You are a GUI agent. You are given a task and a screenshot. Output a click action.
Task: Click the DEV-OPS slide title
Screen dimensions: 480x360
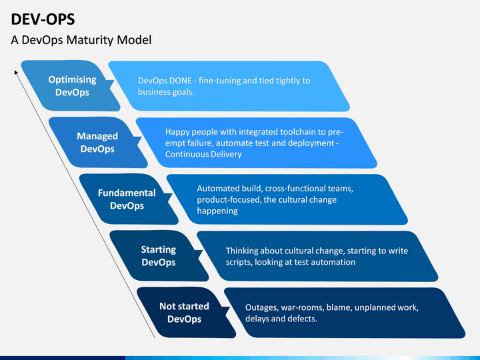(x=43, y=19)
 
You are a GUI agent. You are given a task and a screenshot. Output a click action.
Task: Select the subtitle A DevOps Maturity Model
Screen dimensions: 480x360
(x=81, y=40)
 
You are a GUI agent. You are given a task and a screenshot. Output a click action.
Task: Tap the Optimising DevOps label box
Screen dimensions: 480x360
(x=71, y=86)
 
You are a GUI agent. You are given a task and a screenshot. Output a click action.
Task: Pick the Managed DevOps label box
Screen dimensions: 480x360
(x=98, y=143)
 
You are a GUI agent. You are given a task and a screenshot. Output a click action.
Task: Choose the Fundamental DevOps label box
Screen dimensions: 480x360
(x=129, y=199)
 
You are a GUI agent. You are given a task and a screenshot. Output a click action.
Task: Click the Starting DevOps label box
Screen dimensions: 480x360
(x=159, y=256)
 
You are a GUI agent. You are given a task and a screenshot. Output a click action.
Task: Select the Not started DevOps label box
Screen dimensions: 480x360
(x=186, y=313)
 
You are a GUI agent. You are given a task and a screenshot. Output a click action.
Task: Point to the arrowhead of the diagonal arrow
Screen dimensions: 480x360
(x=16, y=72)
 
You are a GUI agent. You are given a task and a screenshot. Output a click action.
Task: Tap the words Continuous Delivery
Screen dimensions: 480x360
(x=203, y=154)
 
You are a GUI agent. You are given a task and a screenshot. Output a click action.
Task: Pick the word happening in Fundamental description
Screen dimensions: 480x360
(x=217, y=211)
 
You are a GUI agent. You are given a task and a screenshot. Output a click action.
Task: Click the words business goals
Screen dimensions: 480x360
(x=166, y=92)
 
